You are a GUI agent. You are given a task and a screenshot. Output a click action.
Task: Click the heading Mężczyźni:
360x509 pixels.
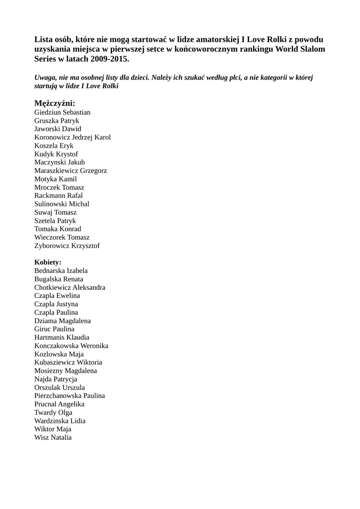point(55,103)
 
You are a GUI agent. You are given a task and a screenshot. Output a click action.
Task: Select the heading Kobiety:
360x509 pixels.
point(48,262)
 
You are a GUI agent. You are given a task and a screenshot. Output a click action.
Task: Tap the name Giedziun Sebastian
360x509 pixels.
point(62,112)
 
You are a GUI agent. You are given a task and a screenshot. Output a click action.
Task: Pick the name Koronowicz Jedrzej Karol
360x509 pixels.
point(73,137)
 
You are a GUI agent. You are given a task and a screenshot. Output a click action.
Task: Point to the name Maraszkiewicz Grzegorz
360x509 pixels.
point(71,170)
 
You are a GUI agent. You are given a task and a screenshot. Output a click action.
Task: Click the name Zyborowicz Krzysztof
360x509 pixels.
point(67,246)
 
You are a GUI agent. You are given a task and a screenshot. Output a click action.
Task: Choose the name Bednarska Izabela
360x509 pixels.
point(61,270)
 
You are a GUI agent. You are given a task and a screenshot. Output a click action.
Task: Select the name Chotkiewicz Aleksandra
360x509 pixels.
point(70,287)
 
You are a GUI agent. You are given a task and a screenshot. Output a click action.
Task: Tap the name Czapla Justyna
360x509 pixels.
point(56,304)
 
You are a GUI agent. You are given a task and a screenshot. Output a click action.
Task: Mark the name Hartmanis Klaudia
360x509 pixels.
point(62,337)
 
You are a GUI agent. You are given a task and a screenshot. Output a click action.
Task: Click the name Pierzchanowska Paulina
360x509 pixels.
point(70,396)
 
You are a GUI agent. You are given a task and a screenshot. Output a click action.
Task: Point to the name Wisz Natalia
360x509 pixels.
point(53,437)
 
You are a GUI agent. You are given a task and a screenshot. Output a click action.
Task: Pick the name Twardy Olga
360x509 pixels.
point(53,412)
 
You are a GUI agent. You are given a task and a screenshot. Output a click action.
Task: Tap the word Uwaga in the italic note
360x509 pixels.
point(45,78)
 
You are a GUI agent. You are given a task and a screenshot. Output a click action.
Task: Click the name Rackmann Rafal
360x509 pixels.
point(59,195)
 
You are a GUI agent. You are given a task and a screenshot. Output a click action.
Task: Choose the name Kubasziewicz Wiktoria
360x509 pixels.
point(68,362)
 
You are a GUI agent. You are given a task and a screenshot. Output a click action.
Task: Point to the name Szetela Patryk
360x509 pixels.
point(55,220)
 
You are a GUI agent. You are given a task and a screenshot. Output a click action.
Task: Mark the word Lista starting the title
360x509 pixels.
point(44,39)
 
